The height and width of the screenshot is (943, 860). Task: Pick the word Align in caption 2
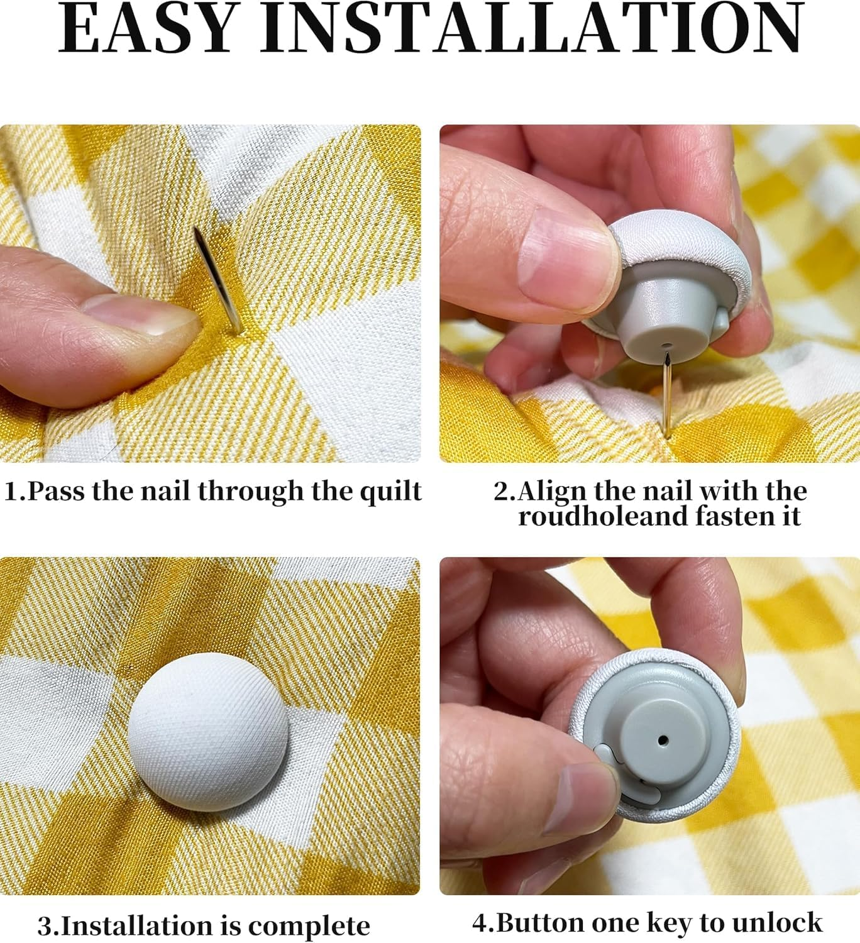click(x=552, y=491)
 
